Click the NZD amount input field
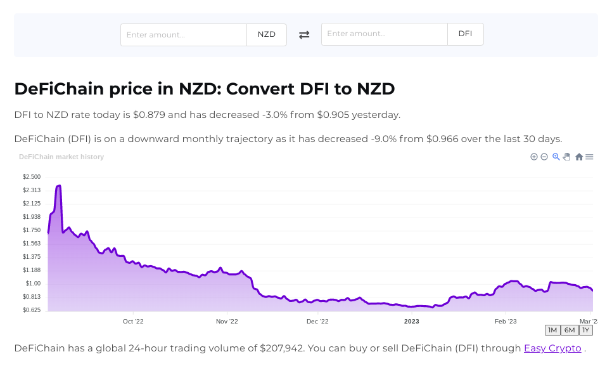click(184, 35)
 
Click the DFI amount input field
click(385, 34)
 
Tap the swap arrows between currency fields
click(304, 35)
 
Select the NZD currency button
click(267, 35)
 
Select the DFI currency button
click(465, 34)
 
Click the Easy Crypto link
click(552, 348)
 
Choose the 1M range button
click(552, 330)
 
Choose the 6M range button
click(570, 330)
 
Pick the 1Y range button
click(585, 330)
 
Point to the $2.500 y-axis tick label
click(32, 177)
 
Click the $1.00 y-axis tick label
click(33, 284)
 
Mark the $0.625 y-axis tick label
click(32, 310)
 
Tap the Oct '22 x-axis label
click(133, 322)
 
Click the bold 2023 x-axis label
click(412, 322)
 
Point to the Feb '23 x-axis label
click(506, 322)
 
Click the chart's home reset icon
click(578, 157)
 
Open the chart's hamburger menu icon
click(589, 157)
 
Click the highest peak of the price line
click(59, 186)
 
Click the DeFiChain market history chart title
click(61, 157)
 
